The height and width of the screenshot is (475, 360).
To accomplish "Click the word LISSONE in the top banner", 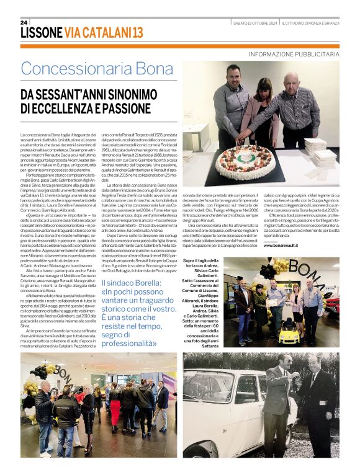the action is click(x=41, y=32).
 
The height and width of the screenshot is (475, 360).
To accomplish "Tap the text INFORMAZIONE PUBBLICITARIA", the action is click(x=294, y=55).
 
